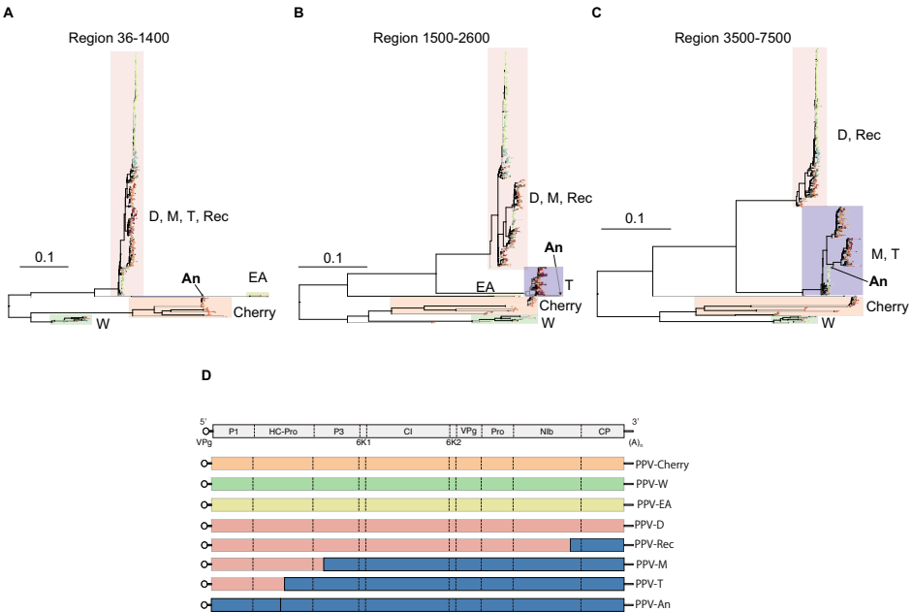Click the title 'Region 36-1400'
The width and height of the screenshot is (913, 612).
point(119,38)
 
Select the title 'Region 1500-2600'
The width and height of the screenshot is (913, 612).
point(431,38)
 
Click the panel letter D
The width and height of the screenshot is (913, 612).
point(205,374)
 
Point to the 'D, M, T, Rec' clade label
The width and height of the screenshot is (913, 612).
point(189,216)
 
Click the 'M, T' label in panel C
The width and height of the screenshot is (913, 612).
point(885,253)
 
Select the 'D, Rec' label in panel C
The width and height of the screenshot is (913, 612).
point(859,135)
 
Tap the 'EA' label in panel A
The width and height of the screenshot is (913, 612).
point(257,278)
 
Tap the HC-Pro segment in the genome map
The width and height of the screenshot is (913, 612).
point(282,431)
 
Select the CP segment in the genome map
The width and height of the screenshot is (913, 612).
point(603,431)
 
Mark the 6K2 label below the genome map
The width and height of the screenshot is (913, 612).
point(453,442)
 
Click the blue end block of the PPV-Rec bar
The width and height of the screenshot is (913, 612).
point(597,544)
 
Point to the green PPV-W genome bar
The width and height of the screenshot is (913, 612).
point(417,483)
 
